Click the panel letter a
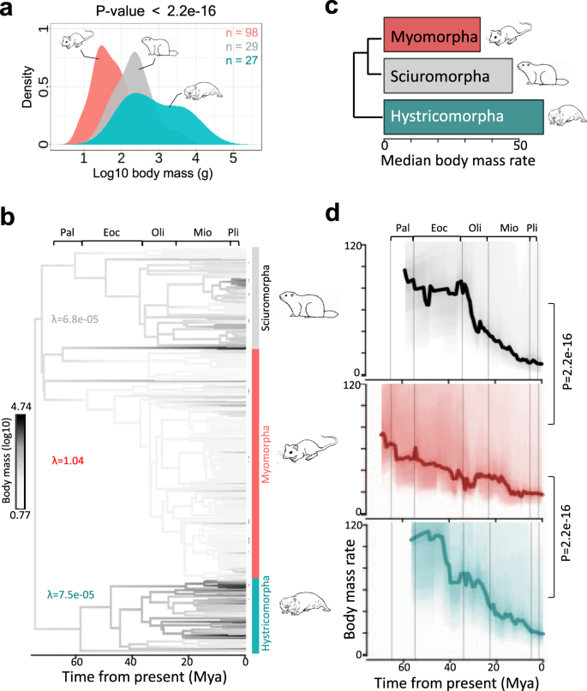[12, 13]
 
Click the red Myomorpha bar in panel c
[437, 36]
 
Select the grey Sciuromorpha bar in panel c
[447, 76]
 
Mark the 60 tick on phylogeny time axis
[75, 661]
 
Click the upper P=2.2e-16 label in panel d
[565, 364]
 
